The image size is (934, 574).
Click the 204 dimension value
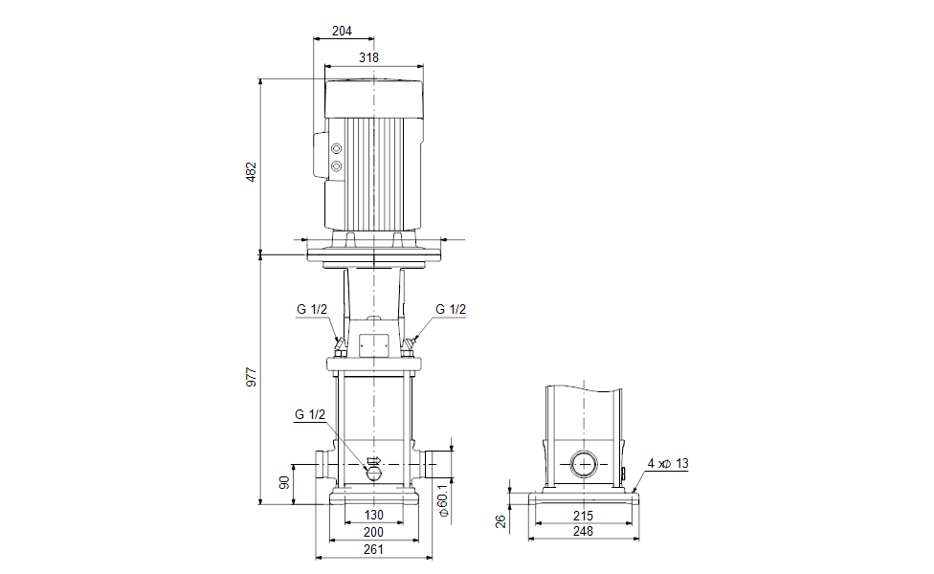tap(342, 31)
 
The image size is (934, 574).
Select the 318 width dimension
tap(368, 57)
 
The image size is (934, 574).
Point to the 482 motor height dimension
tap(252, 171)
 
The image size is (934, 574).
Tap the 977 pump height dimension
tap(252, 377)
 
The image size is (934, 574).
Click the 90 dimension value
tap(284, 482)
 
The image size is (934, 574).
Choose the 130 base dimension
tap(373, 515)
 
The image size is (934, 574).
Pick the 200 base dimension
tap(373, 532)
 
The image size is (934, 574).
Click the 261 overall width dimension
tap(373, 549)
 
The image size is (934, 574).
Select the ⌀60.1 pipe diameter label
tap(443, 499)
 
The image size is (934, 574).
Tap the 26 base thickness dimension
tap(500, 521)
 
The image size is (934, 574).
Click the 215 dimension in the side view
tap(583, 516)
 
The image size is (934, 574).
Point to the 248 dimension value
tap(583, 531)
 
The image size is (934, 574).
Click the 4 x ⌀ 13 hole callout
tap(668, 463)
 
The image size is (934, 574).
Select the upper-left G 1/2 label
tap(312, 309)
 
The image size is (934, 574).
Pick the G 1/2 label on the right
tap(451, 309)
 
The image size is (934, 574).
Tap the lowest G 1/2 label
tap(310, 414)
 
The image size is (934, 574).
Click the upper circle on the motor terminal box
tap(337, 148)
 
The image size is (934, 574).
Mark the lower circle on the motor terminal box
tap(337, 166)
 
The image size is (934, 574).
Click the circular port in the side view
tap(583, 464)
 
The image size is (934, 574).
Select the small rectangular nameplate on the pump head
tap(374, 343)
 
